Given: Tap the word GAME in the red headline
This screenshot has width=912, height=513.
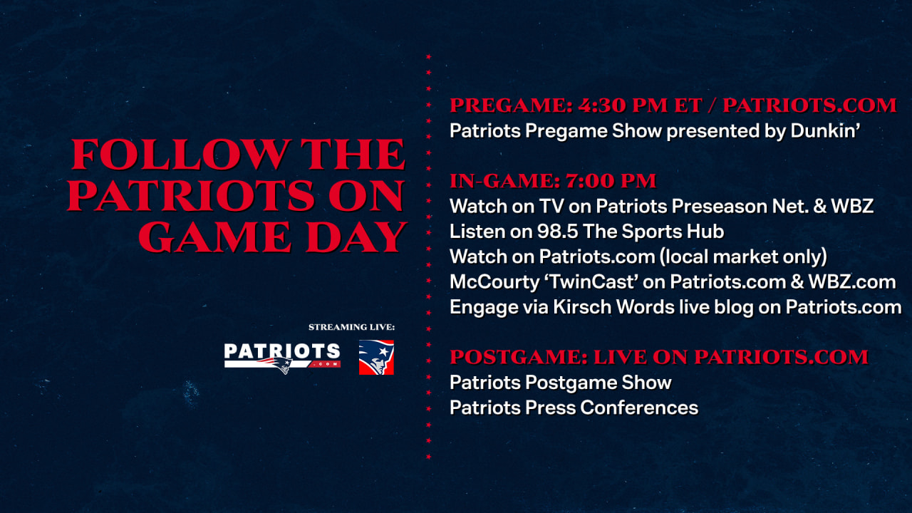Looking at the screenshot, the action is (214, 237).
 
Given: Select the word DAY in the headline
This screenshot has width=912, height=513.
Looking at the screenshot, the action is (356, 237).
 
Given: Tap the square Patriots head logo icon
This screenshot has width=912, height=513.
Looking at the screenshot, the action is (376, 358).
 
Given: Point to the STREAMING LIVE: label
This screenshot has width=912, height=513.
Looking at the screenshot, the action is (351, 327).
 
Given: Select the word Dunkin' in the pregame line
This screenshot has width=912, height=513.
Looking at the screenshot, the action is (825, 130).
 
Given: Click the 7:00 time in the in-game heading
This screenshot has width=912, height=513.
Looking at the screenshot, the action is (590, 181).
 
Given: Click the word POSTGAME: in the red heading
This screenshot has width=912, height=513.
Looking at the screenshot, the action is (519, 357).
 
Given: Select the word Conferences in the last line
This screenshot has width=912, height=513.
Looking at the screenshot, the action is (639, 408).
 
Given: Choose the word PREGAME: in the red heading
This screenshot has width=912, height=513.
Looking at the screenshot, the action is (512, 105).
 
